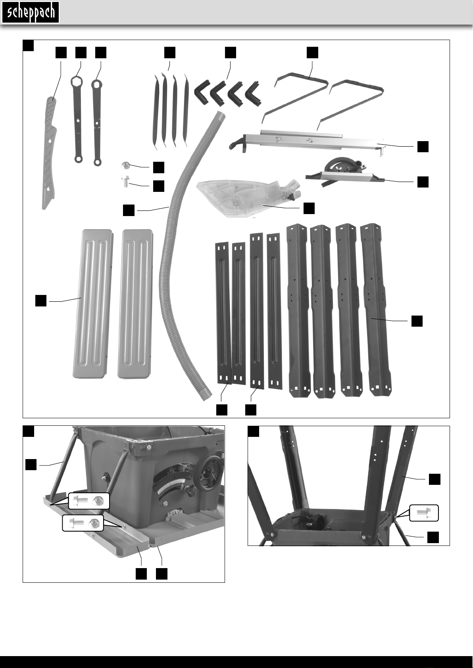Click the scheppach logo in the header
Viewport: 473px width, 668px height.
(x=31, y=12)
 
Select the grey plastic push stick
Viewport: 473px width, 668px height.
(x=50, y=151)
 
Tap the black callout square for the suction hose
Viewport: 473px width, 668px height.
(x=128, y=210)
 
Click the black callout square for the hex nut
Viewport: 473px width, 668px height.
(x=159, y=167)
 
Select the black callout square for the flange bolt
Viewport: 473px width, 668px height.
(x=159, y=186)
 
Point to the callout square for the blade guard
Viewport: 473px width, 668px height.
(x=309, y=208)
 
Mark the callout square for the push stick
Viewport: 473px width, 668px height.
(x=61, y=52)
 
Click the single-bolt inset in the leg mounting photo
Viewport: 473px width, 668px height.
(x=424, y=513)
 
